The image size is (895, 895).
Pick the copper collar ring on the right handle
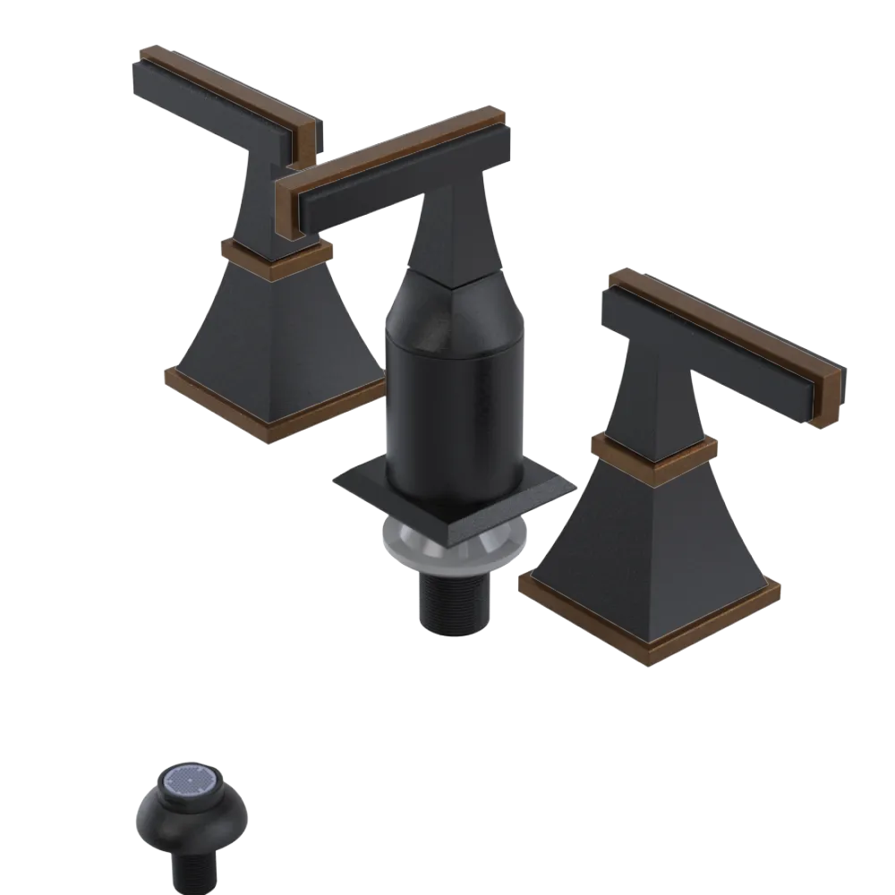click(x=653, y=452)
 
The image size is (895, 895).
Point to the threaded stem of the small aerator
click(x=192, y=864)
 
